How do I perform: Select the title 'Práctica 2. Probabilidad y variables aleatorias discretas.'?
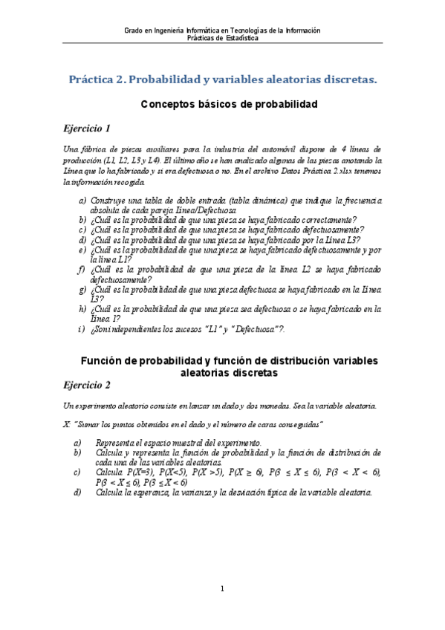223,79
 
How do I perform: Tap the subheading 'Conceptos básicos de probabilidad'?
230,105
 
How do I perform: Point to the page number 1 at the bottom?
222,590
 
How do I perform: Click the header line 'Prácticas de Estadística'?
223,39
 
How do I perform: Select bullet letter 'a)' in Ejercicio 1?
82,201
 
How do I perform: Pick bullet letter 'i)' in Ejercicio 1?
82,328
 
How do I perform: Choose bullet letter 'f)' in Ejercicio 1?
82,268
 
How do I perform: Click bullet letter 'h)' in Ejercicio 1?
82,308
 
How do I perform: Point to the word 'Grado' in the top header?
133,30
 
